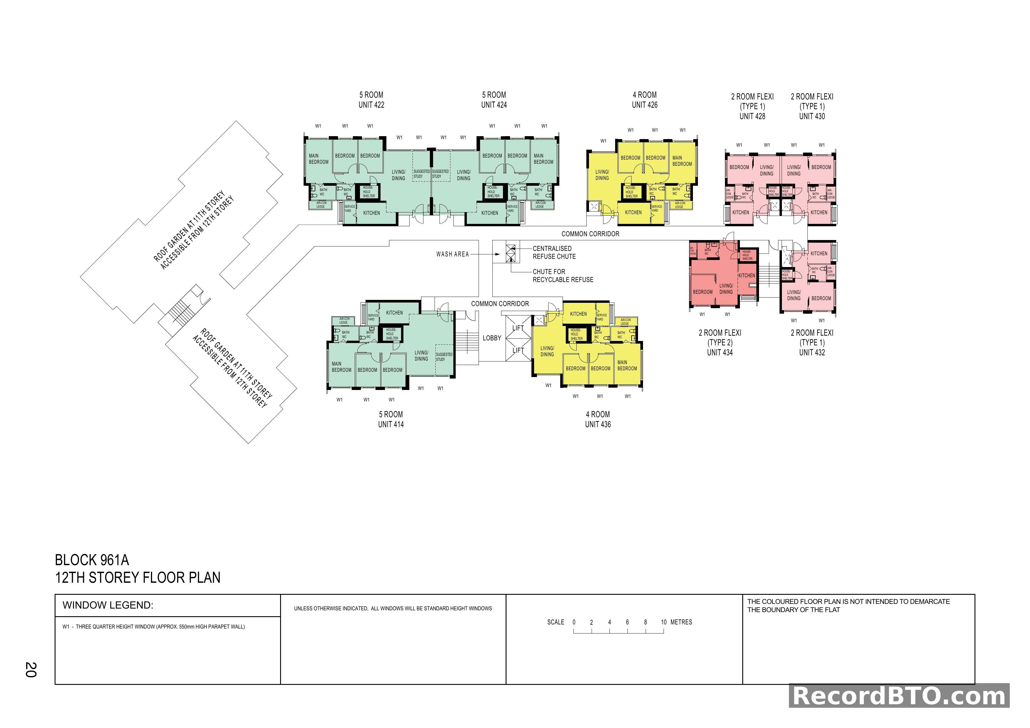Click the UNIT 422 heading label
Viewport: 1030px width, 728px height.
tap(371, 105)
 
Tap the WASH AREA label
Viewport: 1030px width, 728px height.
tap(452, 254)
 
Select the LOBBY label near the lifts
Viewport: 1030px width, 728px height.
tap(492, 338)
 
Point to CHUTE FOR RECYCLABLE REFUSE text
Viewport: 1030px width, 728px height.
tap(563, 276)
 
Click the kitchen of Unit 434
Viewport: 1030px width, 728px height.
tap(746, 275)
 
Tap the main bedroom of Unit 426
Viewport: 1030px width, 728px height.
tap(682, 161)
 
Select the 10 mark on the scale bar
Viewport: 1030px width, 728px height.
tap(664, 622)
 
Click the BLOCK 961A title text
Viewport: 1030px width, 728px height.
tap(92, 560)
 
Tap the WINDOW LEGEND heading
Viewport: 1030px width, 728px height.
tap(108, 605)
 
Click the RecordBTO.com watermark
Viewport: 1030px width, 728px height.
tap(899, 696)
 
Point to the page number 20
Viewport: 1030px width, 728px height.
tap(31, 670)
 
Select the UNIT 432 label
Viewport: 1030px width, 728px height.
tap(812, 352)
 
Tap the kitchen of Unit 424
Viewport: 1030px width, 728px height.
tap(489, 213)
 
